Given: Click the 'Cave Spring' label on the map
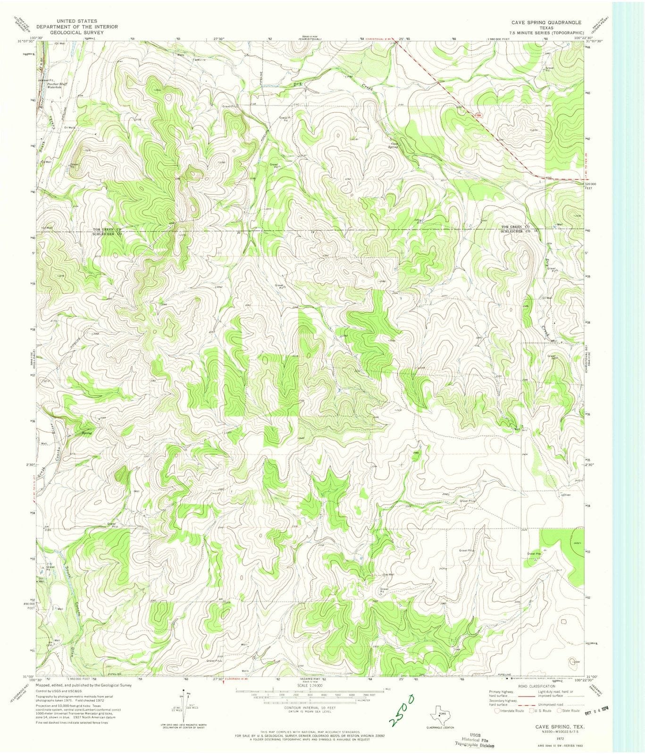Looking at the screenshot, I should [394, 146].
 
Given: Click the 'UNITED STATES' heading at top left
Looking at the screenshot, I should [76, 21].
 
